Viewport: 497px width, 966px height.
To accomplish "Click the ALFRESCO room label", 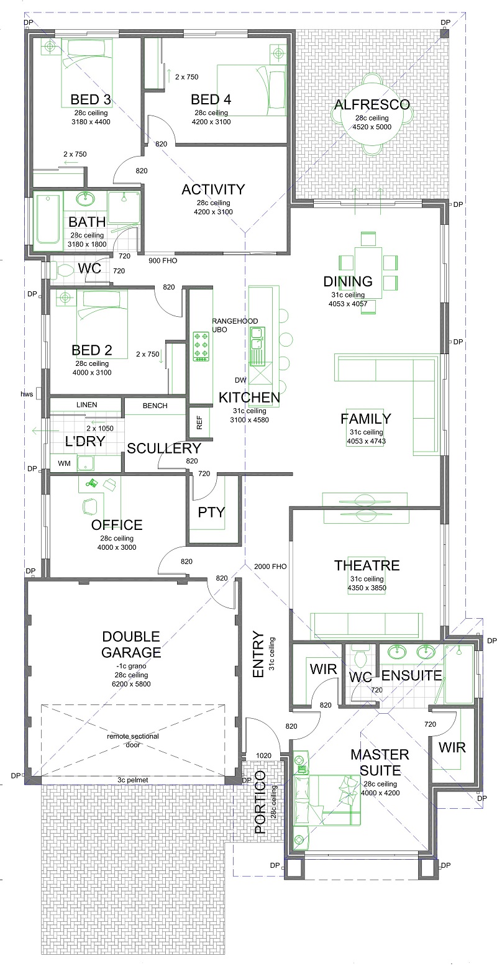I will [x=372, y=104].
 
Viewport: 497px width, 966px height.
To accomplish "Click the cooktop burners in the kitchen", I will [x=201, y=345].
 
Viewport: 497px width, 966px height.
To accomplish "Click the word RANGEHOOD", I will [x=235, y=321].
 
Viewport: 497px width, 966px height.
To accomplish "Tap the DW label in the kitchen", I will [x=240, y=380].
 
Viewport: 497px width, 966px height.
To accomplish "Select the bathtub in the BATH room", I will [x=48, y=220].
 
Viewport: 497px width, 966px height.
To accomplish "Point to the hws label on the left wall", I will [x=27, y=393].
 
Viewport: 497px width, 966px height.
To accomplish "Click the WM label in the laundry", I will [x=64, y=463].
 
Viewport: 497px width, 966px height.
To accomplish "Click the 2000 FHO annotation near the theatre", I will [x=270, y=567].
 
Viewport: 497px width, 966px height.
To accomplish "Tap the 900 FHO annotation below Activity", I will [x=163, y=261].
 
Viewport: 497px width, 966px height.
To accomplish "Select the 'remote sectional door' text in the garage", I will [x=132, y=740].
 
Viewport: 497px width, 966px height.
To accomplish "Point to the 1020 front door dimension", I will [x=264, y=756].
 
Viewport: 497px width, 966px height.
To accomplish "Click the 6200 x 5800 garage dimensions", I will [x=131, y=684].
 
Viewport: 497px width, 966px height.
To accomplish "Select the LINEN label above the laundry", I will [x=87, y=405].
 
